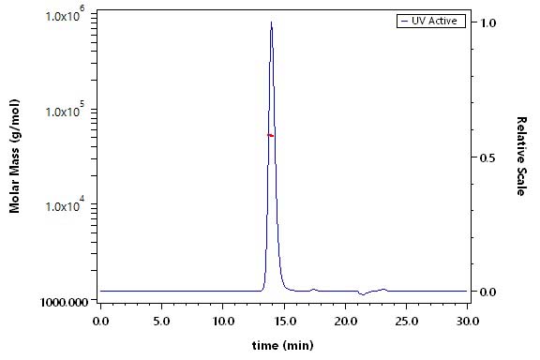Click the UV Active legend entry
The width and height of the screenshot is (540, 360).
[431, 21]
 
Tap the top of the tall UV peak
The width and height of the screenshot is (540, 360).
[271, 22]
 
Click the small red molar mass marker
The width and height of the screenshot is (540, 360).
[271, 135]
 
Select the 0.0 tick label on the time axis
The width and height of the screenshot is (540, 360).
[100, 322]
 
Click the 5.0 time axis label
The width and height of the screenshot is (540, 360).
[161, 322]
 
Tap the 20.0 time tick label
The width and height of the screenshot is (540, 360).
[345, 322]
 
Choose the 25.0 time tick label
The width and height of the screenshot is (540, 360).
[407, 322]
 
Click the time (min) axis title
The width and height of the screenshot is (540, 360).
[283, 345]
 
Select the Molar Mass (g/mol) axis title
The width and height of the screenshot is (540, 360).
[14, 156]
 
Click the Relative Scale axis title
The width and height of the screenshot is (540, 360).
[521, 156]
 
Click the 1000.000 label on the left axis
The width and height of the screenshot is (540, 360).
[64, 302]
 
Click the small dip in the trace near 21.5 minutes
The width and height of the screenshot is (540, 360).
[363, 294]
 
